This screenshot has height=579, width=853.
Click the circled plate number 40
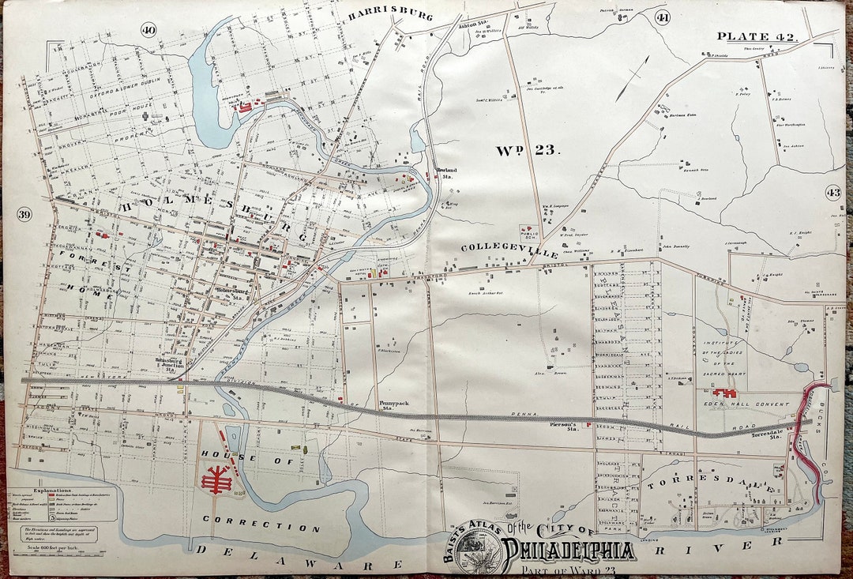[148, 30]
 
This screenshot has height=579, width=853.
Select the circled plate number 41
[662, 18]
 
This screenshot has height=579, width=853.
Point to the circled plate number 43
[833, 192]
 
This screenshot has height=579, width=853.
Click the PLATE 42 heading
[757, 36]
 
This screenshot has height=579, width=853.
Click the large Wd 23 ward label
[528, 150]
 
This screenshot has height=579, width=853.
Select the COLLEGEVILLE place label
[509, 250]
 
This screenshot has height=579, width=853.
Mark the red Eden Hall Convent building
[724, 392]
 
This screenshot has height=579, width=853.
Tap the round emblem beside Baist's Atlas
[477, 547]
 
